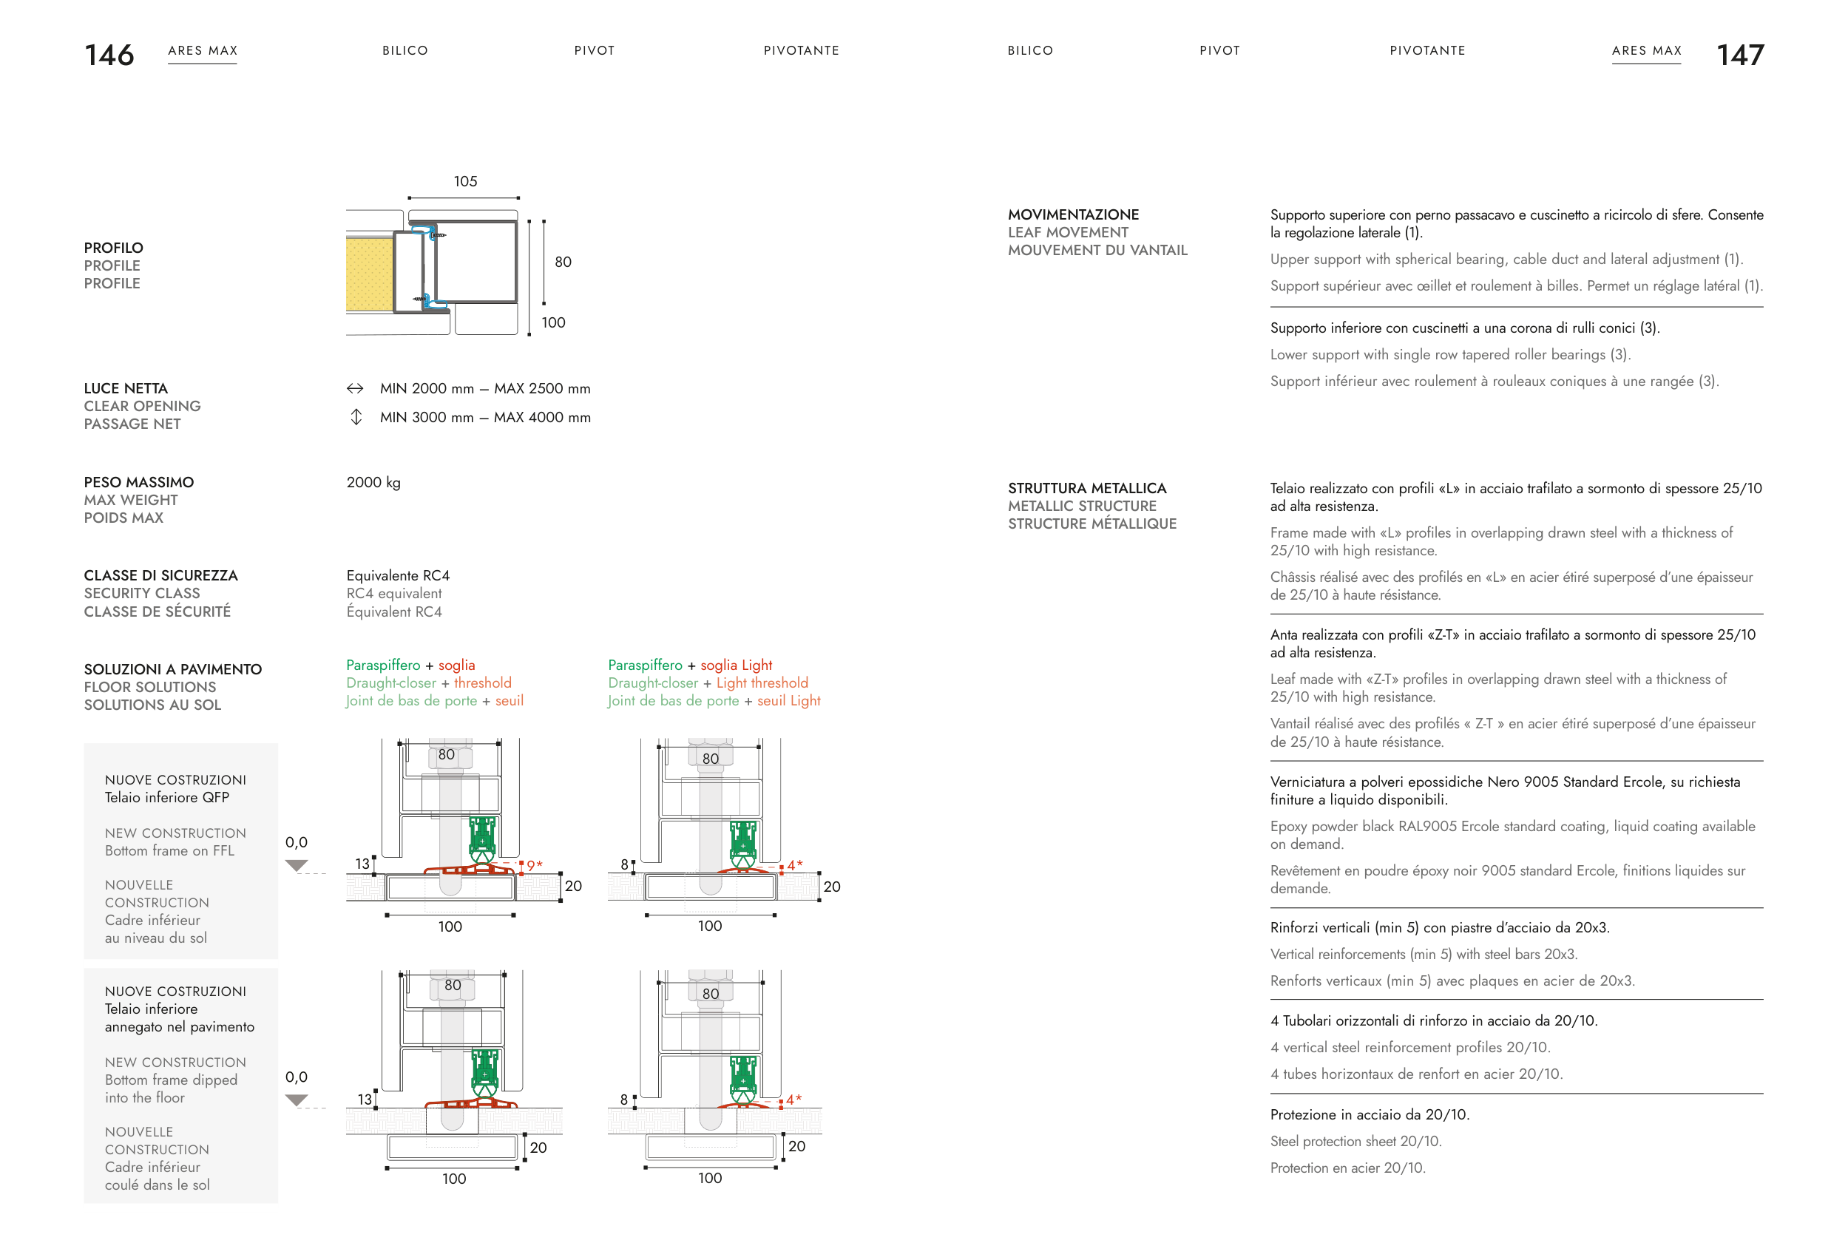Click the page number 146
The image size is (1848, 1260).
click(109, 55)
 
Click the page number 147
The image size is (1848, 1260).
click(1741, 55)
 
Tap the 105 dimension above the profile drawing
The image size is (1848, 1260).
click(465, 181)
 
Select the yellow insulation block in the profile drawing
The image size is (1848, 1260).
click(369, 274)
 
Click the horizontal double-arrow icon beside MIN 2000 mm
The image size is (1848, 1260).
click(356, 388)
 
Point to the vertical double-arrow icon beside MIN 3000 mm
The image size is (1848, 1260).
click(356, 416)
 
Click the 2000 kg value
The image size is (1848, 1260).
click(373, 483)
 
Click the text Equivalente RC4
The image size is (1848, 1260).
click(399, 575)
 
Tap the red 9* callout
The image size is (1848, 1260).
click(535, 865)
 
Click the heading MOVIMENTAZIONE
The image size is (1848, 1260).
click(1074, 214)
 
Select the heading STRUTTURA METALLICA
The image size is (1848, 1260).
click(1087, 488)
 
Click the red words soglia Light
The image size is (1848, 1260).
click(737, 665)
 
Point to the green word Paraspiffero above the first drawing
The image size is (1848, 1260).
click(383, 665)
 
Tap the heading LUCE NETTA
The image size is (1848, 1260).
click(126, 389)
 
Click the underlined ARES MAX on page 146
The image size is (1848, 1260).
click(203, 51)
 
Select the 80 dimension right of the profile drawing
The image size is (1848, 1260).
click(563, 262)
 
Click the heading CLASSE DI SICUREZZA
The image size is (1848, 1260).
click(160, 575)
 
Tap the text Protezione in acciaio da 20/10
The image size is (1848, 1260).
click(1370, 1114)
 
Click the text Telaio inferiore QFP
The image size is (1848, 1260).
click(167, 797)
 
